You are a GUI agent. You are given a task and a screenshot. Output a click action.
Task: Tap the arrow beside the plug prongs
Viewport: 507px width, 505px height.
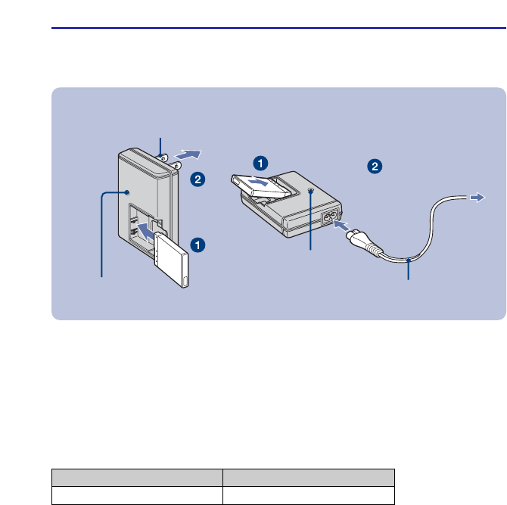tap(188, 154)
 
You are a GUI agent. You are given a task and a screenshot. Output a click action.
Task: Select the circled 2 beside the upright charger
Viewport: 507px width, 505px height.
tap(197, 179)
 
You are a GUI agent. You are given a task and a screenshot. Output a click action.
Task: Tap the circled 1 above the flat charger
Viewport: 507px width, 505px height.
tap(260, 163)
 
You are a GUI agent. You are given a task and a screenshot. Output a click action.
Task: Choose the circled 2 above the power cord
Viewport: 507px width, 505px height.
tap(374, 165)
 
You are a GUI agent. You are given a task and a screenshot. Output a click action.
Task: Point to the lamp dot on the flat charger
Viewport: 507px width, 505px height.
tap(310, 192)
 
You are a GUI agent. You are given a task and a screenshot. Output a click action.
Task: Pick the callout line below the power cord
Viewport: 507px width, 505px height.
tap(409, 269)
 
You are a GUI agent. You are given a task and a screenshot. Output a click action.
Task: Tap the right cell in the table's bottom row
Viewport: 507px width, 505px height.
tap(309, 495)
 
